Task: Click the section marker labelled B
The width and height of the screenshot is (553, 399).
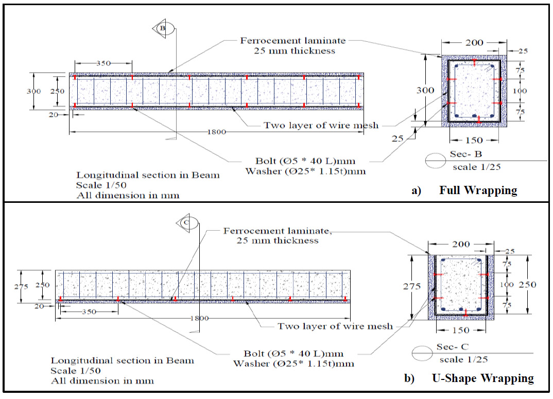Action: [162, 29]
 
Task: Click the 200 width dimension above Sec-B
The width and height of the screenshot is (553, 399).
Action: [474, 43]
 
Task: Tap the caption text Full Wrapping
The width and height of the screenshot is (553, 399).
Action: [478, 190]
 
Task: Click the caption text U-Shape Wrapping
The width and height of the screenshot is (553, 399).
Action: [482, 378]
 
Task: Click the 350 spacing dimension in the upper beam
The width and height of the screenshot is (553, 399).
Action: [103, 63]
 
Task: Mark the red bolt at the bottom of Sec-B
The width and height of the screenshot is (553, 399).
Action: [479, 120]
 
